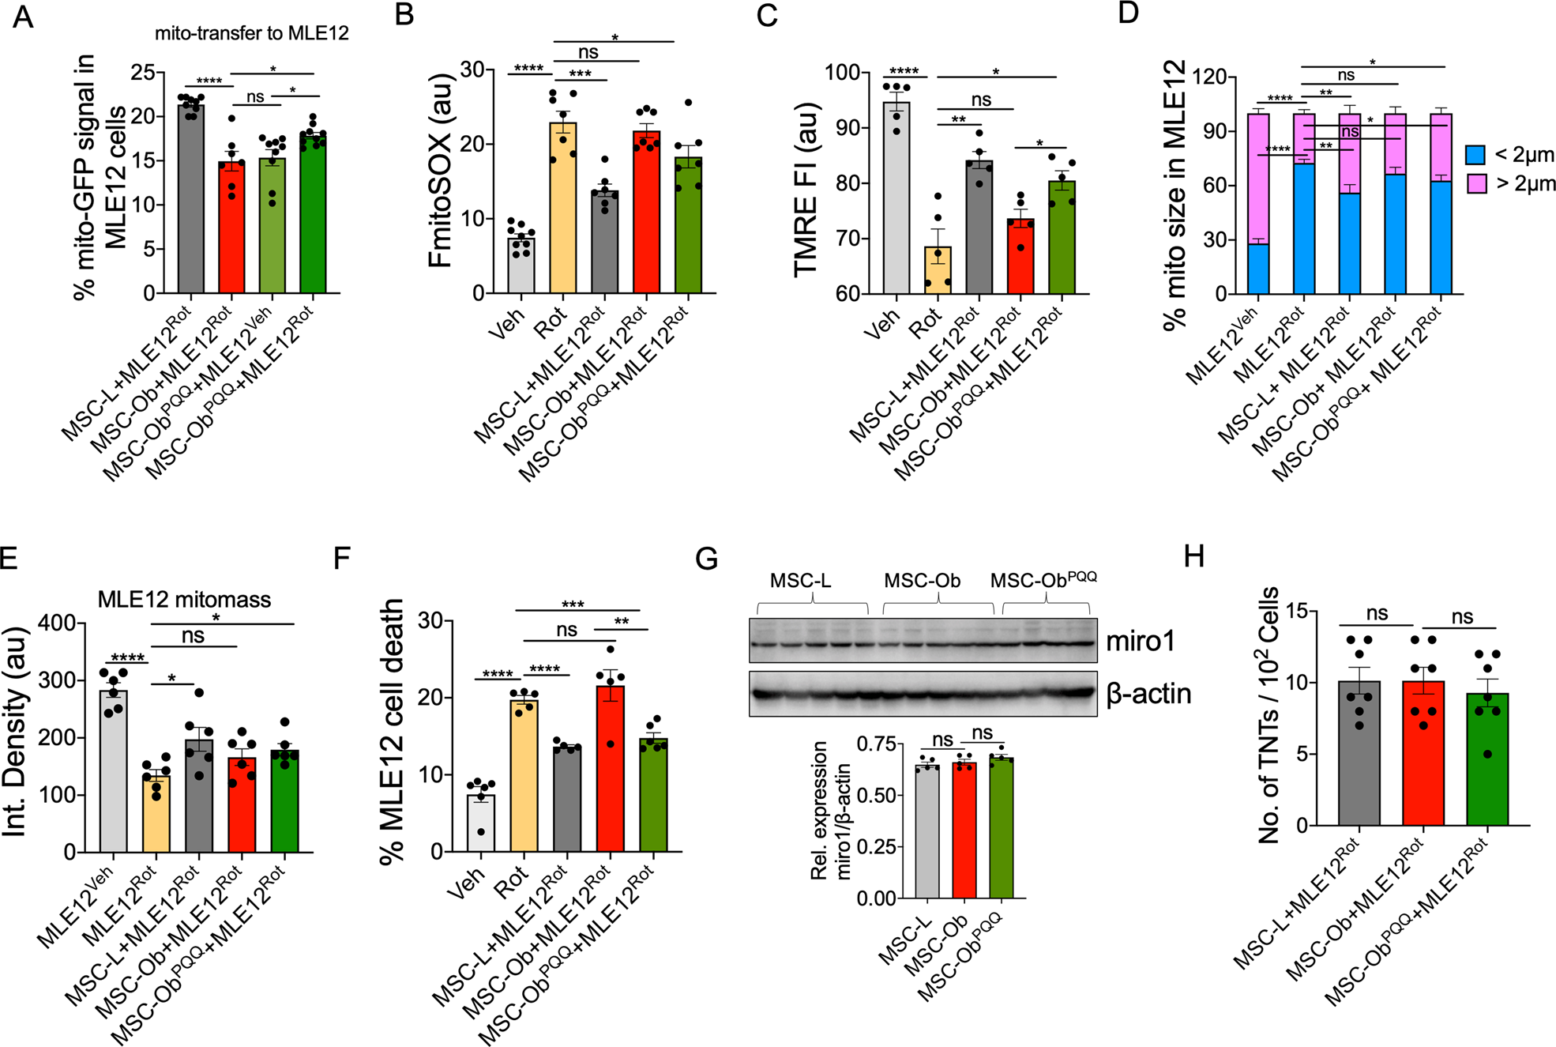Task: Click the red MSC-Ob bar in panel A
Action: pos(231,229)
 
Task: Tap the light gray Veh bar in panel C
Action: pos(896,198)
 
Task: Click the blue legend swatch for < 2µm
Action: pos(1475,155)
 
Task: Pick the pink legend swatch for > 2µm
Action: pos(1475,184)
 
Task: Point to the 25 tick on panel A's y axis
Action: pos(143,73)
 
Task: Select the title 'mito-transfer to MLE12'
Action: pos(251,33)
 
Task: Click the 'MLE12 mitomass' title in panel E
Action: pos(184,600)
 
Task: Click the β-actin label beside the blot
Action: pos(1148,694)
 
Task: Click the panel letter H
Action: pos(1194,556)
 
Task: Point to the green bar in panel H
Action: pos(1487,759)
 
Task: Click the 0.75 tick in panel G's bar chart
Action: pos(877,744)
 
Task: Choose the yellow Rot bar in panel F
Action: pos(524,774)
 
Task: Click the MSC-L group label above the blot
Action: pos(800,581)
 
